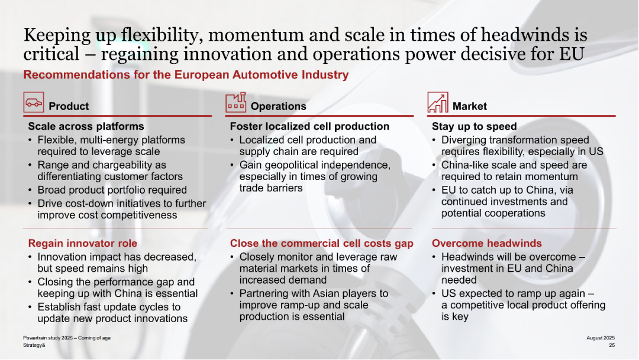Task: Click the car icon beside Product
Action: [x=33, y=102]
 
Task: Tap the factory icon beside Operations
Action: [x=236, y=102]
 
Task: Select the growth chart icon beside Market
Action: [x=438, y=102]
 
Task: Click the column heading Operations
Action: [x=278, y=107]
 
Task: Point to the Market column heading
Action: [x=469, y=107]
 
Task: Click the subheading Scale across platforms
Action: [x=86, y=126]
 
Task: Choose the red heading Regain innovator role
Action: [x=83, y=243]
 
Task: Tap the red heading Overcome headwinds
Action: [x=486, y=243]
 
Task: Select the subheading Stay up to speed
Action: [x=475, y=126]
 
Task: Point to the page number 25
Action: [x=612, y=345]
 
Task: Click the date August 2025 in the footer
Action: [x=601, y=338]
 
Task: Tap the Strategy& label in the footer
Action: [x=34, y=345]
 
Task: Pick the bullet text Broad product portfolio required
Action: [x=112, y=190]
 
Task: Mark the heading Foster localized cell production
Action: [x=309, y=126]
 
